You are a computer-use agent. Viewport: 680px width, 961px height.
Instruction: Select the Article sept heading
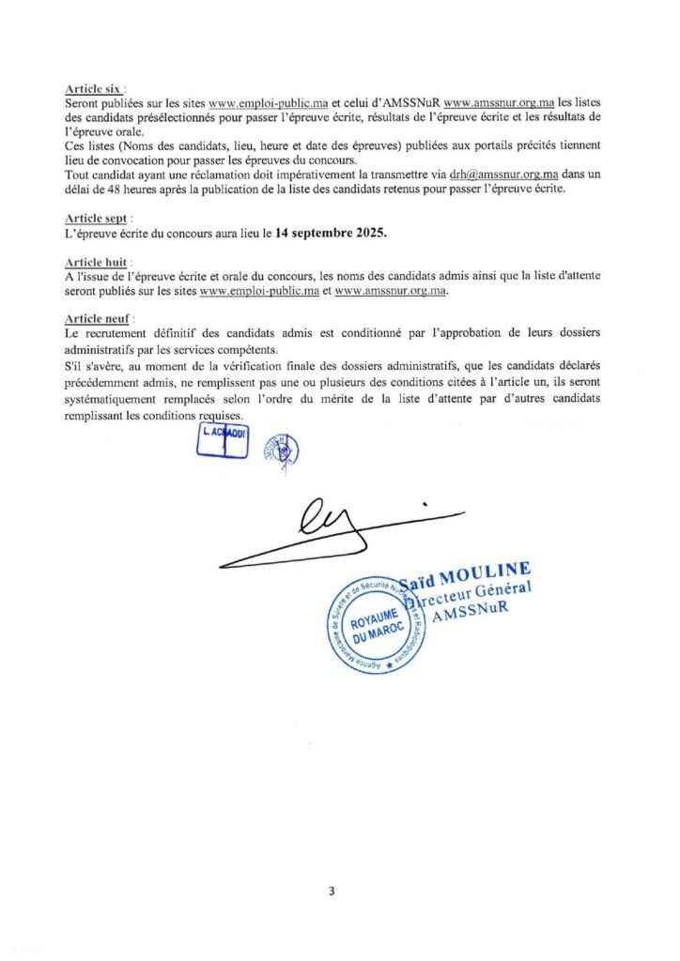(x=96, y=218)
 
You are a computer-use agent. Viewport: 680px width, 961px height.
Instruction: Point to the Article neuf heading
(x=97, y=319)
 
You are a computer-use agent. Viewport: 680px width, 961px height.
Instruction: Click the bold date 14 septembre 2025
(x=331, y=232)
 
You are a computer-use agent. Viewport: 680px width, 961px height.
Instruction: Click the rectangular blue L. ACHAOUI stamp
(x=223, y=440)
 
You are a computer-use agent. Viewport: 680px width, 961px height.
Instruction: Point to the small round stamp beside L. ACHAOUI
(x=281, y=449)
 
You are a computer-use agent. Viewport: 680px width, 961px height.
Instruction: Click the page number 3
(x=332, y=892)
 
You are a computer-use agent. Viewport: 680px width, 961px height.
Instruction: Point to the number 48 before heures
(x=124, y=189)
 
